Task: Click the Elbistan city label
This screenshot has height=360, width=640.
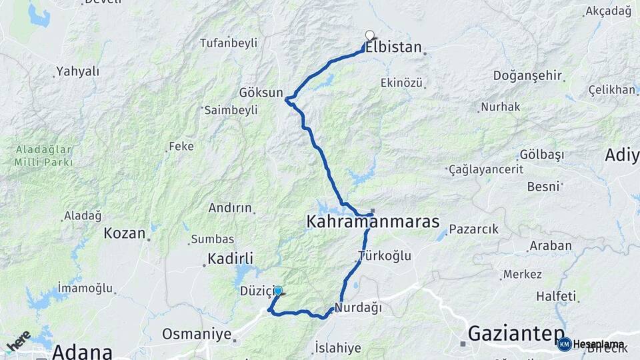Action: tap(393, 48)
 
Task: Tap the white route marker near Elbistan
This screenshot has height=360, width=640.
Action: tap(369, 35)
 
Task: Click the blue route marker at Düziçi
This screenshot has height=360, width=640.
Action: tap(278, 291)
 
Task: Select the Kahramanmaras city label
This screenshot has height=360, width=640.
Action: tap(373, 222)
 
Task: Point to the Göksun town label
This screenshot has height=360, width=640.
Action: tap(262, 93)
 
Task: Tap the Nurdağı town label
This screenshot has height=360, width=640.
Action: tap(358, 307)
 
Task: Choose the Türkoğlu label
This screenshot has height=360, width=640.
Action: tap(385, 256)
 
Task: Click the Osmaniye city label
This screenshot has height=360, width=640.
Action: tap(197, 334)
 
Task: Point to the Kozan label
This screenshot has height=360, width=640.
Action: tap(125, 233)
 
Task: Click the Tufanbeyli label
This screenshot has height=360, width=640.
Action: tap(229, 43)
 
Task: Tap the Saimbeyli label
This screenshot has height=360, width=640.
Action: tap(231, 110)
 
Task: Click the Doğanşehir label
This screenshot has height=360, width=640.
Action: tap(528, 75)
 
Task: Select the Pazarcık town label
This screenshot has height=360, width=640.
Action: tap(473, 229)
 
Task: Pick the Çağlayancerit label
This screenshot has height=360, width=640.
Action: tap(486, 169)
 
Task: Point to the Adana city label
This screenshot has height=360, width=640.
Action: tap(81, 351)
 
